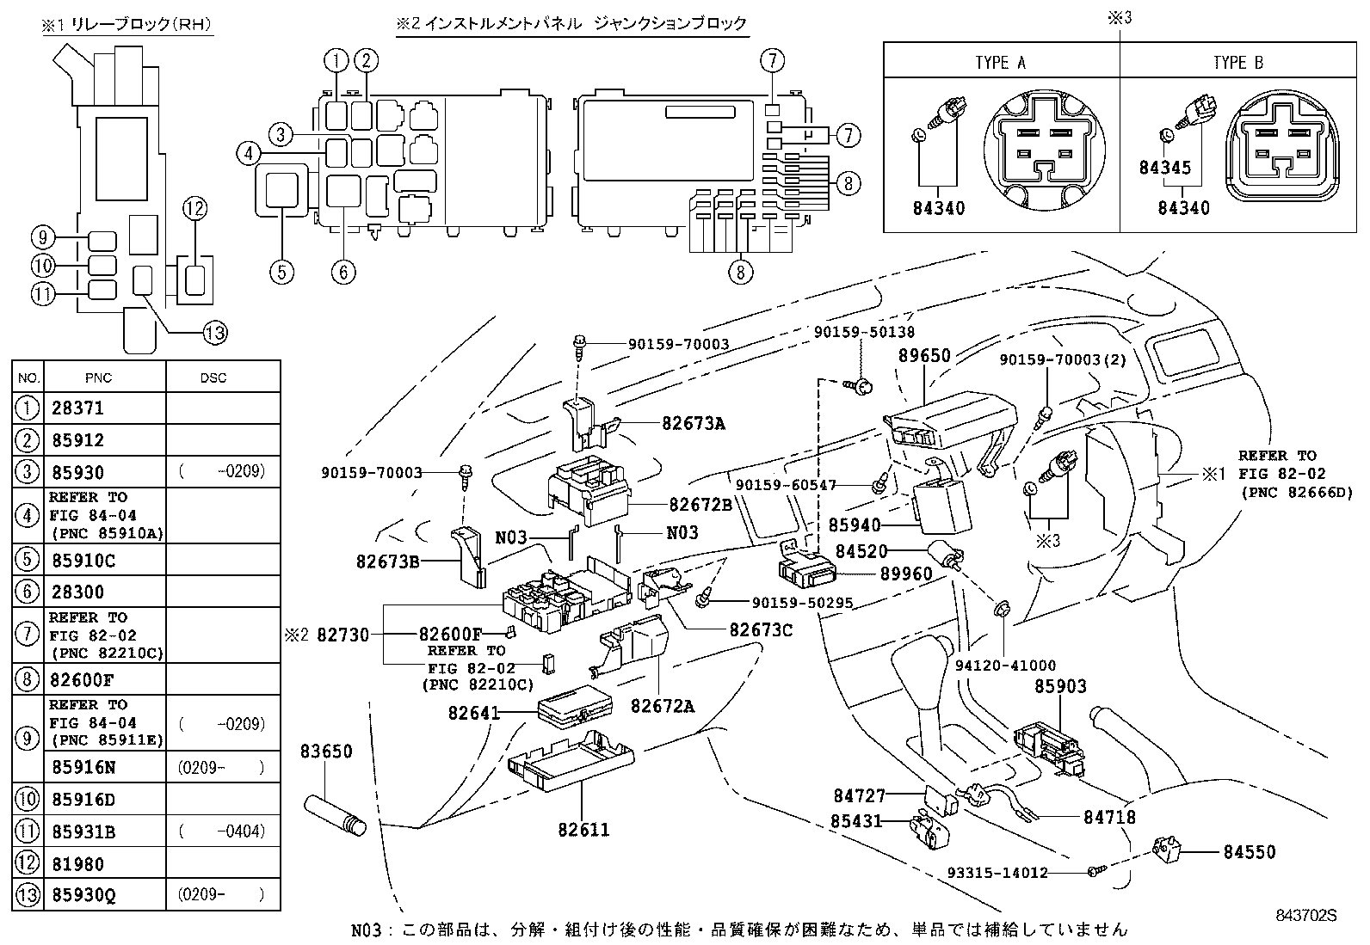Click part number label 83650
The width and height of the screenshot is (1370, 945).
pos(325,752)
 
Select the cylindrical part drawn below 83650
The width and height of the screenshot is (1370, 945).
pos(336,814)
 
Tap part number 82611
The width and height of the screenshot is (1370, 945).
pos(583,830)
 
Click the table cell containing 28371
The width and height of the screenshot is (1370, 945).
pos(77,408)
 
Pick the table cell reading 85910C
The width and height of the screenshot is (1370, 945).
pos(83,561)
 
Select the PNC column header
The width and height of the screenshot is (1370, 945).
pos(99,377)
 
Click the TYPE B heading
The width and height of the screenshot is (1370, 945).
pos(1237,63)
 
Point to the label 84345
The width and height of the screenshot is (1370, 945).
pos(1164,169)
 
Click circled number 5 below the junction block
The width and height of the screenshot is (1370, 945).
pos(281,272)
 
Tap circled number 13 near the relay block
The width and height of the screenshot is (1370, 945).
pos(213,332)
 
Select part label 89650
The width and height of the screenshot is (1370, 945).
pos(923,356)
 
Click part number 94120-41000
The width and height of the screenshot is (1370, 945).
pos(1005,666)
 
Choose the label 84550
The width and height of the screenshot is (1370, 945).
pos(1250,852)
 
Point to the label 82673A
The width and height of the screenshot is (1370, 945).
pos(693,423)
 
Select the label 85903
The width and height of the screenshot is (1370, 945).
pos(1060,686)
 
